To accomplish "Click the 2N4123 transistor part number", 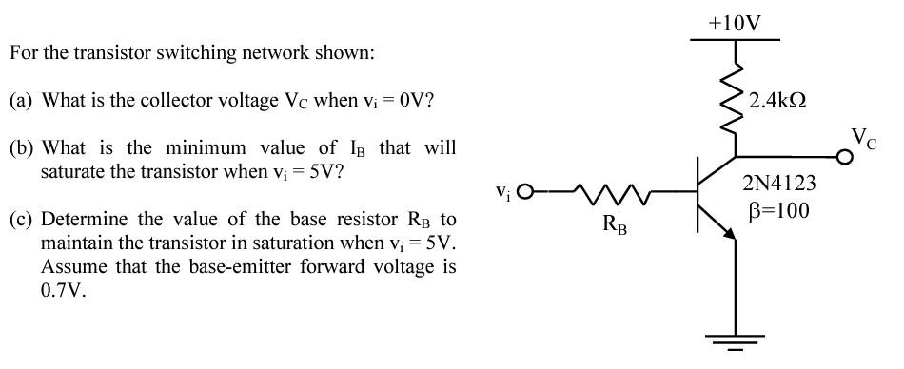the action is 780,183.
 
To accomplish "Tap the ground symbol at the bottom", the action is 736,340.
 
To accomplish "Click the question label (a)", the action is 21,100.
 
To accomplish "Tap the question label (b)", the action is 21,148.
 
